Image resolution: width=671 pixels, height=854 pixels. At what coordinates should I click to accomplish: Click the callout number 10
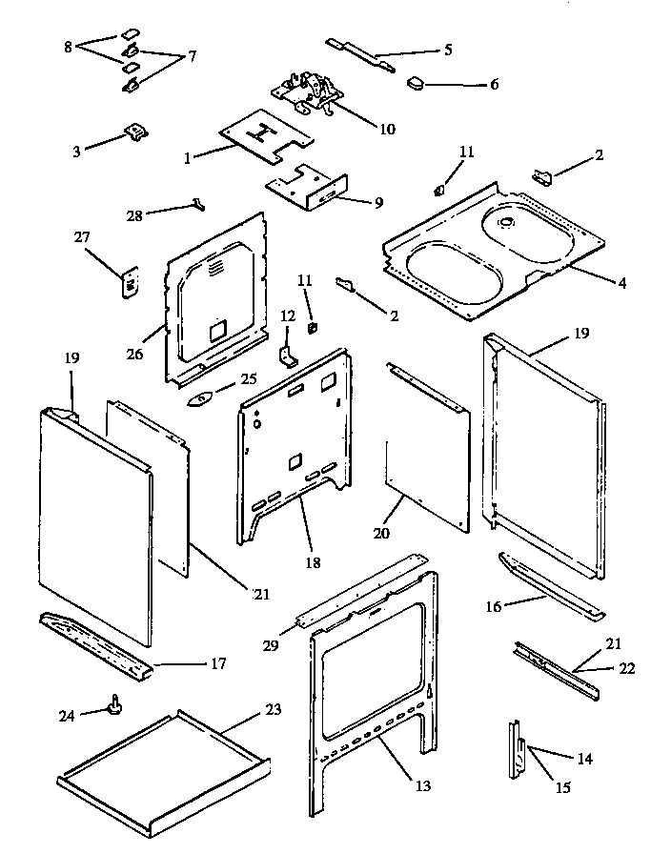click(x=387, y=130)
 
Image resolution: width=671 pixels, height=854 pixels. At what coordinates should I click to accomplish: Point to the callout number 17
click(x=218, y=663)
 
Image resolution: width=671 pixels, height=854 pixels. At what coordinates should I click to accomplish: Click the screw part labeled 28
click(x=198, y=201)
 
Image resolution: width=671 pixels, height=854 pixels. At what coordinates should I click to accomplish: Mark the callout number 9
click(x=379, y=202)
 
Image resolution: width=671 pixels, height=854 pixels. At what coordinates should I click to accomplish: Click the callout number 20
click(x=381, y=536)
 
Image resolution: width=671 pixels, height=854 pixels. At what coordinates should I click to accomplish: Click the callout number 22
click(x=626, y=668)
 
